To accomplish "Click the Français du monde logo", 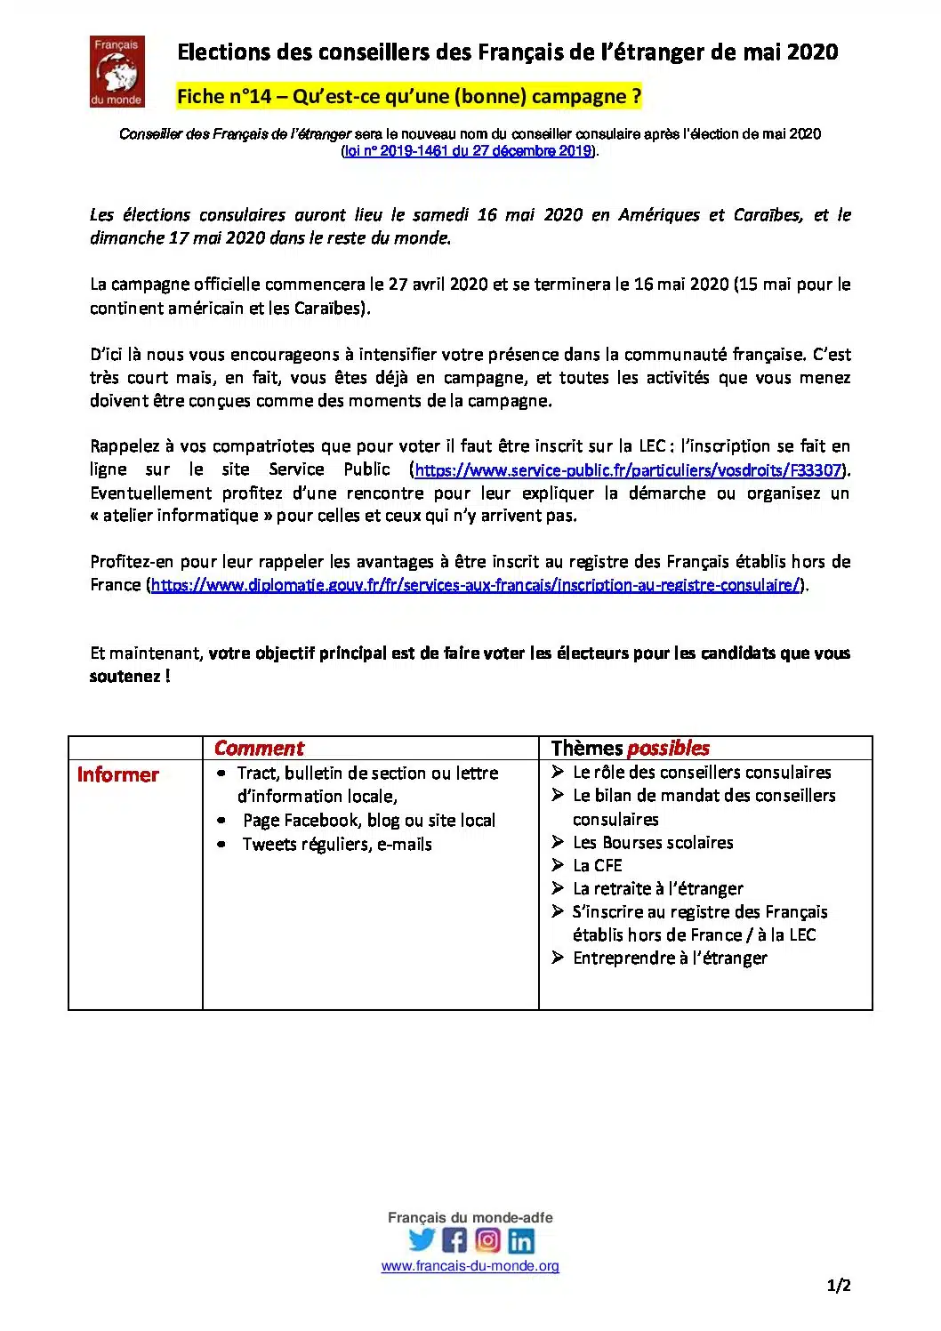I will (117, 71).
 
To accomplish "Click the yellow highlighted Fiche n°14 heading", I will (409, 96).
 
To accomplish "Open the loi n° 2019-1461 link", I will (468, 151).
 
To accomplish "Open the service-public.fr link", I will (628, 470).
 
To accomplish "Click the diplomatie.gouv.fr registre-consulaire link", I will (475, 585).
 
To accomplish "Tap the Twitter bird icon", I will (422, 1239).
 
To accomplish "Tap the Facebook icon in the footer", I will (454, 1239).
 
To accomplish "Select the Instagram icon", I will (487, 1239).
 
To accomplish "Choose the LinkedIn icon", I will (521, 1239).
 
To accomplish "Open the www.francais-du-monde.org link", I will (470, 1266).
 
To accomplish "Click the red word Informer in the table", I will (118, 774).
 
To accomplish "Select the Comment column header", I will (259, 749).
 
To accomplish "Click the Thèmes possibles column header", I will (630, 749).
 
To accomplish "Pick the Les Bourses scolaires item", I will (652, 842).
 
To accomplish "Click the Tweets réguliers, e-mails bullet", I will (336, 845).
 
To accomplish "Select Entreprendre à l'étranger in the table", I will (669, 958).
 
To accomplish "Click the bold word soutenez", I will (125, 677).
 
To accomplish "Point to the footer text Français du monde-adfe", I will (470, 1218).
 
